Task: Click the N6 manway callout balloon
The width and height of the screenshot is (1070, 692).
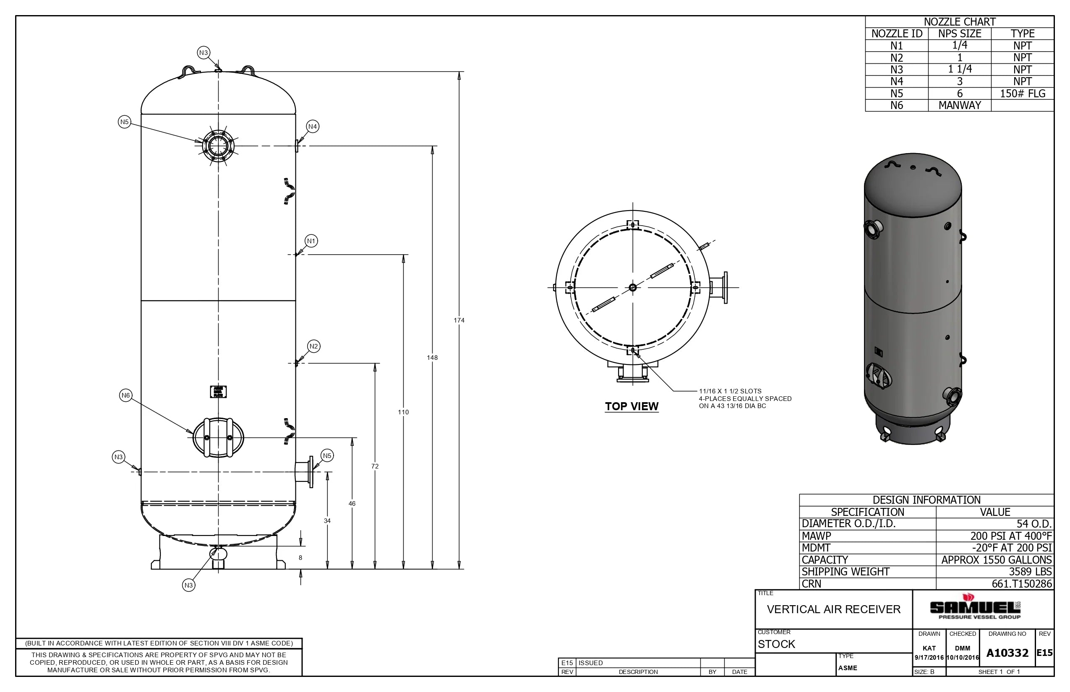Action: pyautogui.click(x=125, y=395)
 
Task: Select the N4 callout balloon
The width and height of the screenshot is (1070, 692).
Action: pyautogui.click(x=313, y=127)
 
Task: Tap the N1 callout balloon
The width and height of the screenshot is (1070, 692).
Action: pyautogui.click(x=311, y=241)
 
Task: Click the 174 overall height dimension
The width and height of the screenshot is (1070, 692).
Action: pyautogui.click(x=459, y=320)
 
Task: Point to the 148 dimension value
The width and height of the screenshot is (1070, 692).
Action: pyautogui.click(x=432, y=358)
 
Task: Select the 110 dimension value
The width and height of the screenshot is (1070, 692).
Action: pyautogui.click(x=403, y=412)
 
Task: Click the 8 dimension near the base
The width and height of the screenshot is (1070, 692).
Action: pyautogui.click(x=300, y=558)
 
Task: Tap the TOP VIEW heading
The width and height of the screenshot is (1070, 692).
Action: pyautogui.click(x=631, y=406)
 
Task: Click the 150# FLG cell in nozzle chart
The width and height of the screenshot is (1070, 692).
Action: pyautogui.click(x=1022, y=94)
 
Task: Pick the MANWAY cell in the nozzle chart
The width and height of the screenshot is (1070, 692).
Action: pyautogui.click(x=959, y=105)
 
